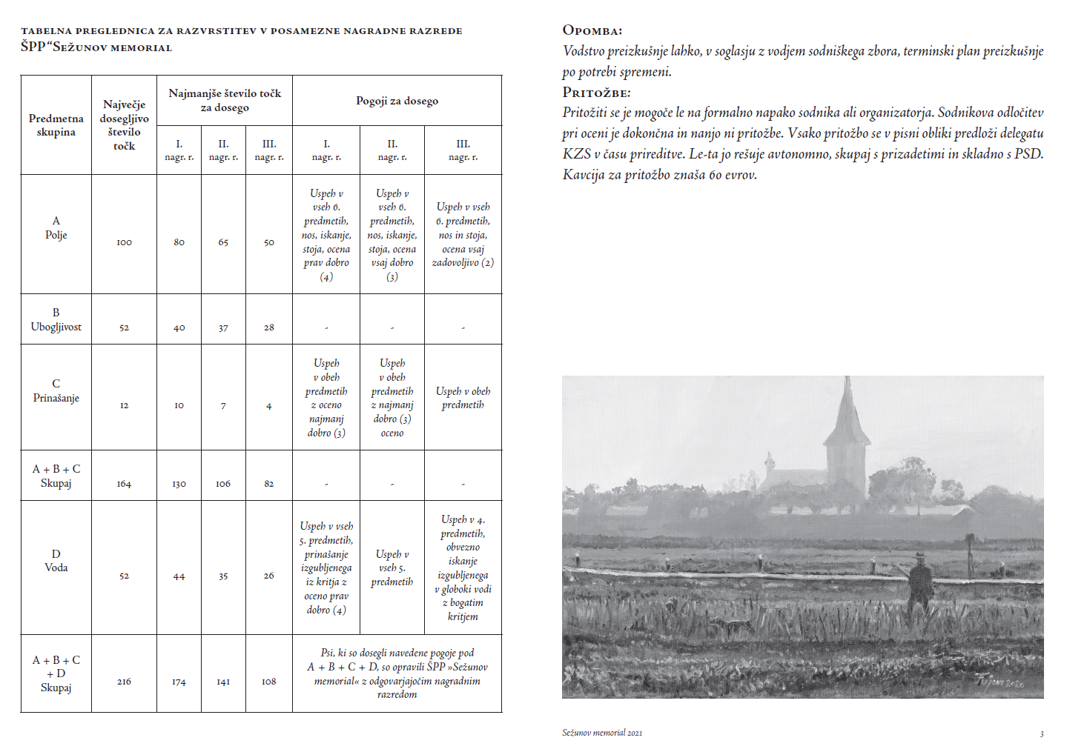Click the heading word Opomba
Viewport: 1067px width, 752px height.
tap(592, 30)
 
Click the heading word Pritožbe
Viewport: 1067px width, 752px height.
tap(596, 93)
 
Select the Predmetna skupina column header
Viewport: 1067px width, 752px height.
tap(56, 125)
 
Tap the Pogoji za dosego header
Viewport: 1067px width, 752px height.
tap(397, 101)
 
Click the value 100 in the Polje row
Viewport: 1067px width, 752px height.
tap(124, 242)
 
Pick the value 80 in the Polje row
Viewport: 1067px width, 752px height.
tap(179, 242)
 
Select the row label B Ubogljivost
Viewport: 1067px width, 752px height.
tap(56, 319)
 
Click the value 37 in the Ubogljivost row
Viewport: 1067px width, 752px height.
tap(223, 327)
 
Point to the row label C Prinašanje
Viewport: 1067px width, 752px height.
tap(56, 390)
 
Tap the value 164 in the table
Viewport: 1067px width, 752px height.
tap(124, 484)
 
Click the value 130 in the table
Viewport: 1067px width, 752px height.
tap(179, 484)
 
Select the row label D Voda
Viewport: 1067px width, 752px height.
tap(56, 561)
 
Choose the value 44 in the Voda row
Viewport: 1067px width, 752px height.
tap(179, 576)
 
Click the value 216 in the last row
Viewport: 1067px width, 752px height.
tap(124, 682)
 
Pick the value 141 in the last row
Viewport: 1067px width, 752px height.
tap(223, 682)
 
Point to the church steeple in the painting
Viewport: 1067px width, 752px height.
tap(846, 415)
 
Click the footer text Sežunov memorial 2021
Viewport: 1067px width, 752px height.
tap(602, 733)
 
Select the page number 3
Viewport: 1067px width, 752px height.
tap(1042, 734)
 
